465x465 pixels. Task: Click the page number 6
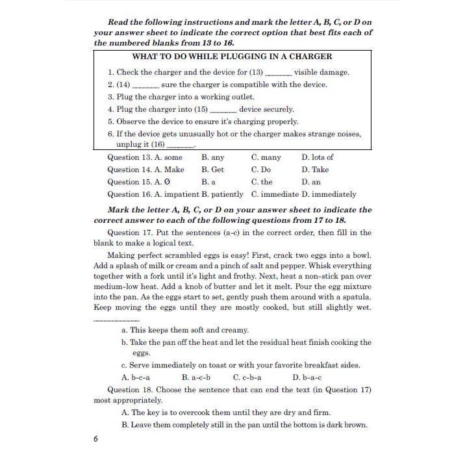tap(95, 439)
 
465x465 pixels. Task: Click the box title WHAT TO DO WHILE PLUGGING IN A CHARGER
tap(232, 57)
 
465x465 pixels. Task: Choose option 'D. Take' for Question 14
tap(315, 170)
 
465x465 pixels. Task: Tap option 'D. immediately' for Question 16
tap(329, 194)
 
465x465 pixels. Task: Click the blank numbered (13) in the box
tap(279, 73)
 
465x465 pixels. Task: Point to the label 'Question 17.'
tap(130, 232)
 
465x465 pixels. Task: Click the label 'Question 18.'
tap(130, 390)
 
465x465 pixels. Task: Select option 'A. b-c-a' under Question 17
tap(136, 377)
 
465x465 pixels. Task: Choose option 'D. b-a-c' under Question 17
tap(307, 377)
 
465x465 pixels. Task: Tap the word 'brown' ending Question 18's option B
tap(356, 425)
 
